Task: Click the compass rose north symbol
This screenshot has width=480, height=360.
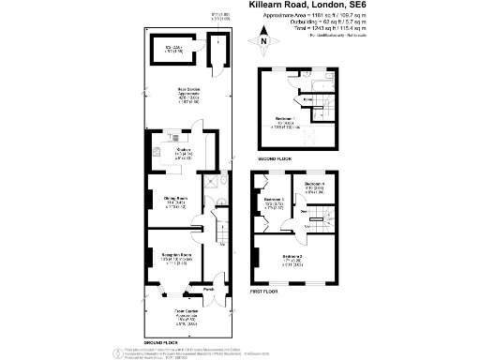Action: click(x=264, y=40)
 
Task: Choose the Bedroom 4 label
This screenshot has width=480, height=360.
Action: click(x=314, y=184)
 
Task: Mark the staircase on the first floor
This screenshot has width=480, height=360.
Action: click(x=317, y=222)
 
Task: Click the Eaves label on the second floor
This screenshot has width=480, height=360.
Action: click(x=308, y=96)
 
